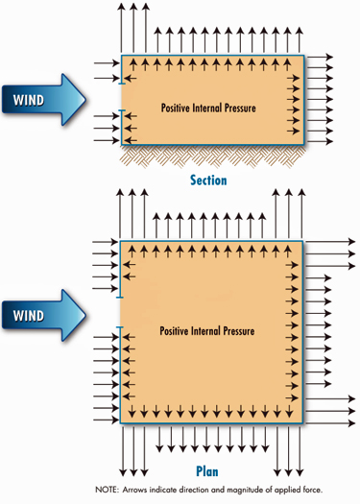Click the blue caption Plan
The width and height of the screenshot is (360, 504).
(207, 471)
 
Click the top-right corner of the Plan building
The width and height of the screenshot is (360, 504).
(304, 241)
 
